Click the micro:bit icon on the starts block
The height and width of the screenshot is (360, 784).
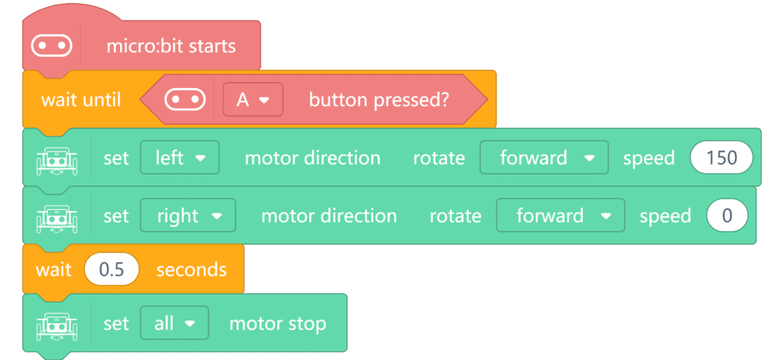pos(51,46)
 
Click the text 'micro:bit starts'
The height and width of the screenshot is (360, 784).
pos(171,46)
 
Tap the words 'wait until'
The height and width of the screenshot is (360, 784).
pos(81,100)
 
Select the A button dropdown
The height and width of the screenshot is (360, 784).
pos(253,100)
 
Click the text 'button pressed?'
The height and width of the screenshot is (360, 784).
pos(379,100)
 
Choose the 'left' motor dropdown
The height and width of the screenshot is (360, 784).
pos(179,158)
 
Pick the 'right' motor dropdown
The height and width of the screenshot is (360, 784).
pos(188,215)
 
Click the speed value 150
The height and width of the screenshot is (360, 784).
pos(721,158)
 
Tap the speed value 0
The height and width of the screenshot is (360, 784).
pos(727,215)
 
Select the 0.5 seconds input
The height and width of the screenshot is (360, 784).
pos(112,270)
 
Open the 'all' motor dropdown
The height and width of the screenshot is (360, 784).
pos(175,323)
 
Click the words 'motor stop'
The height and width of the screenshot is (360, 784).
pos(277,323)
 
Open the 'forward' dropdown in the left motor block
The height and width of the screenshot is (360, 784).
pos(544,158)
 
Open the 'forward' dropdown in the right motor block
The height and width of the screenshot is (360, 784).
pos(560,215)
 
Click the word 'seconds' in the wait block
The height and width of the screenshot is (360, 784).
pos(191,270)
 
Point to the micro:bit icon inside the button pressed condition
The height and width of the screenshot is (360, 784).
pos(185,100)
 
